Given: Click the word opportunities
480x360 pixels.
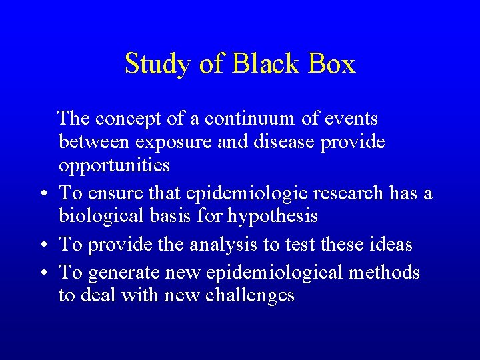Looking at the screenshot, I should (114, 165).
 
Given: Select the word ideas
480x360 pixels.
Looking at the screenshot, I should (391, 245).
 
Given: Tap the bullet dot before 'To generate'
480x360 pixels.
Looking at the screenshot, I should (42, 274).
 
